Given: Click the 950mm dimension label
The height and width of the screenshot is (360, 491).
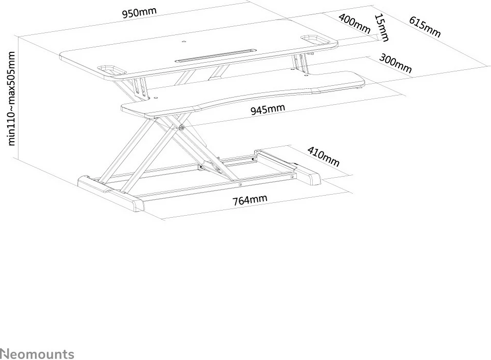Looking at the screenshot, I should (139, 13).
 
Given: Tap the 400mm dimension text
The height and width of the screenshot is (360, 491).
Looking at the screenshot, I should (354, 24).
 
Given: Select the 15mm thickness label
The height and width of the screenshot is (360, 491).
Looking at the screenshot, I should (382, 28).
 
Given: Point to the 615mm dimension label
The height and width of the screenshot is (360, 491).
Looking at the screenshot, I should (425, 27).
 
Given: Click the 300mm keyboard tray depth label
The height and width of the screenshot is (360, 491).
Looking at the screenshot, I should (395, 64).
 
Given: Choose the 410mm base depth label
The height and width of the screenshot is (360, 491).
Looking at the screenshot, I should (324, 157).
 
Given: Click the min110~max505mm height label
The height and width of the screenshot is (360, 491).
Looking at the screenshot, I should (13, 98).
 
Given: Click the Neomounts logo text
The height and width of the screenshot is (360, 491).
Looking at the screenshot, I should (37, 354).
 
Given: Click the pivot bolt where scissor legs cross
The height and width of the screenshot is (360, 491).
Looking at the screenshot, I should (182, 127).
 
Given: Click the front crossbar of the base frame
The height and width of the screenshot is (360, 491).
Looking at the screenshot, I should (216, 187).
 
